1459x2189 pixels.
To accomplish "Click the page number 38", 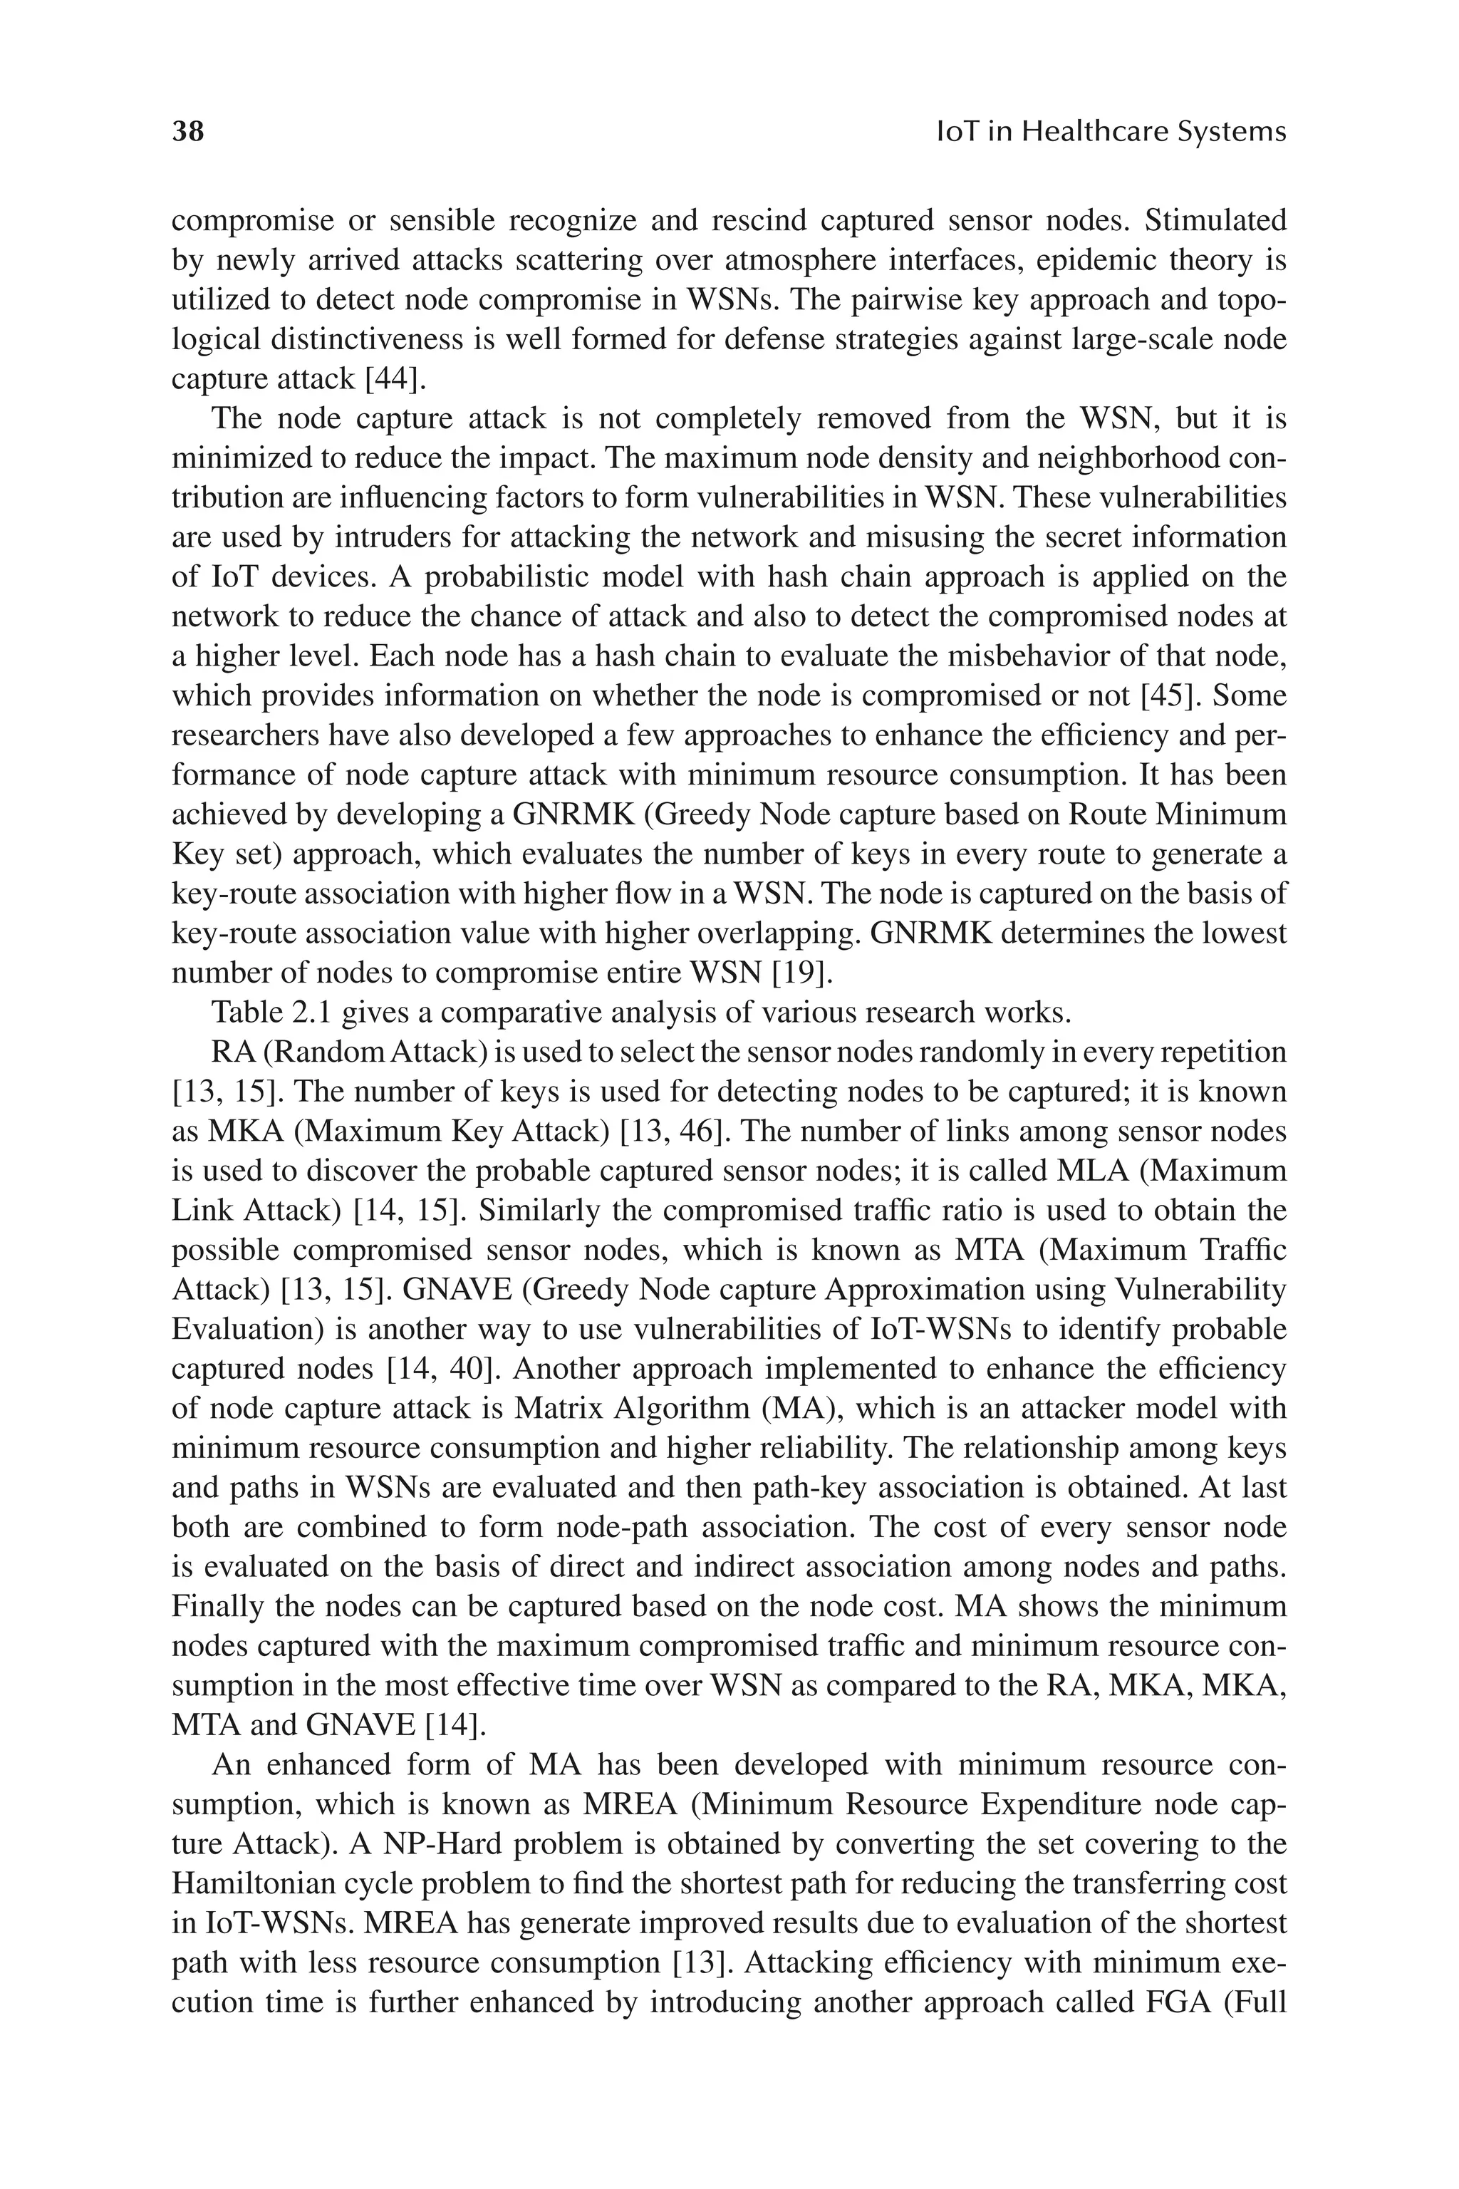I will click(188, 131).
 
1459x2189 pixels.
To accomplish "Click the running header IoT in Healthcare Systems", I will click(1110, 131).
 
